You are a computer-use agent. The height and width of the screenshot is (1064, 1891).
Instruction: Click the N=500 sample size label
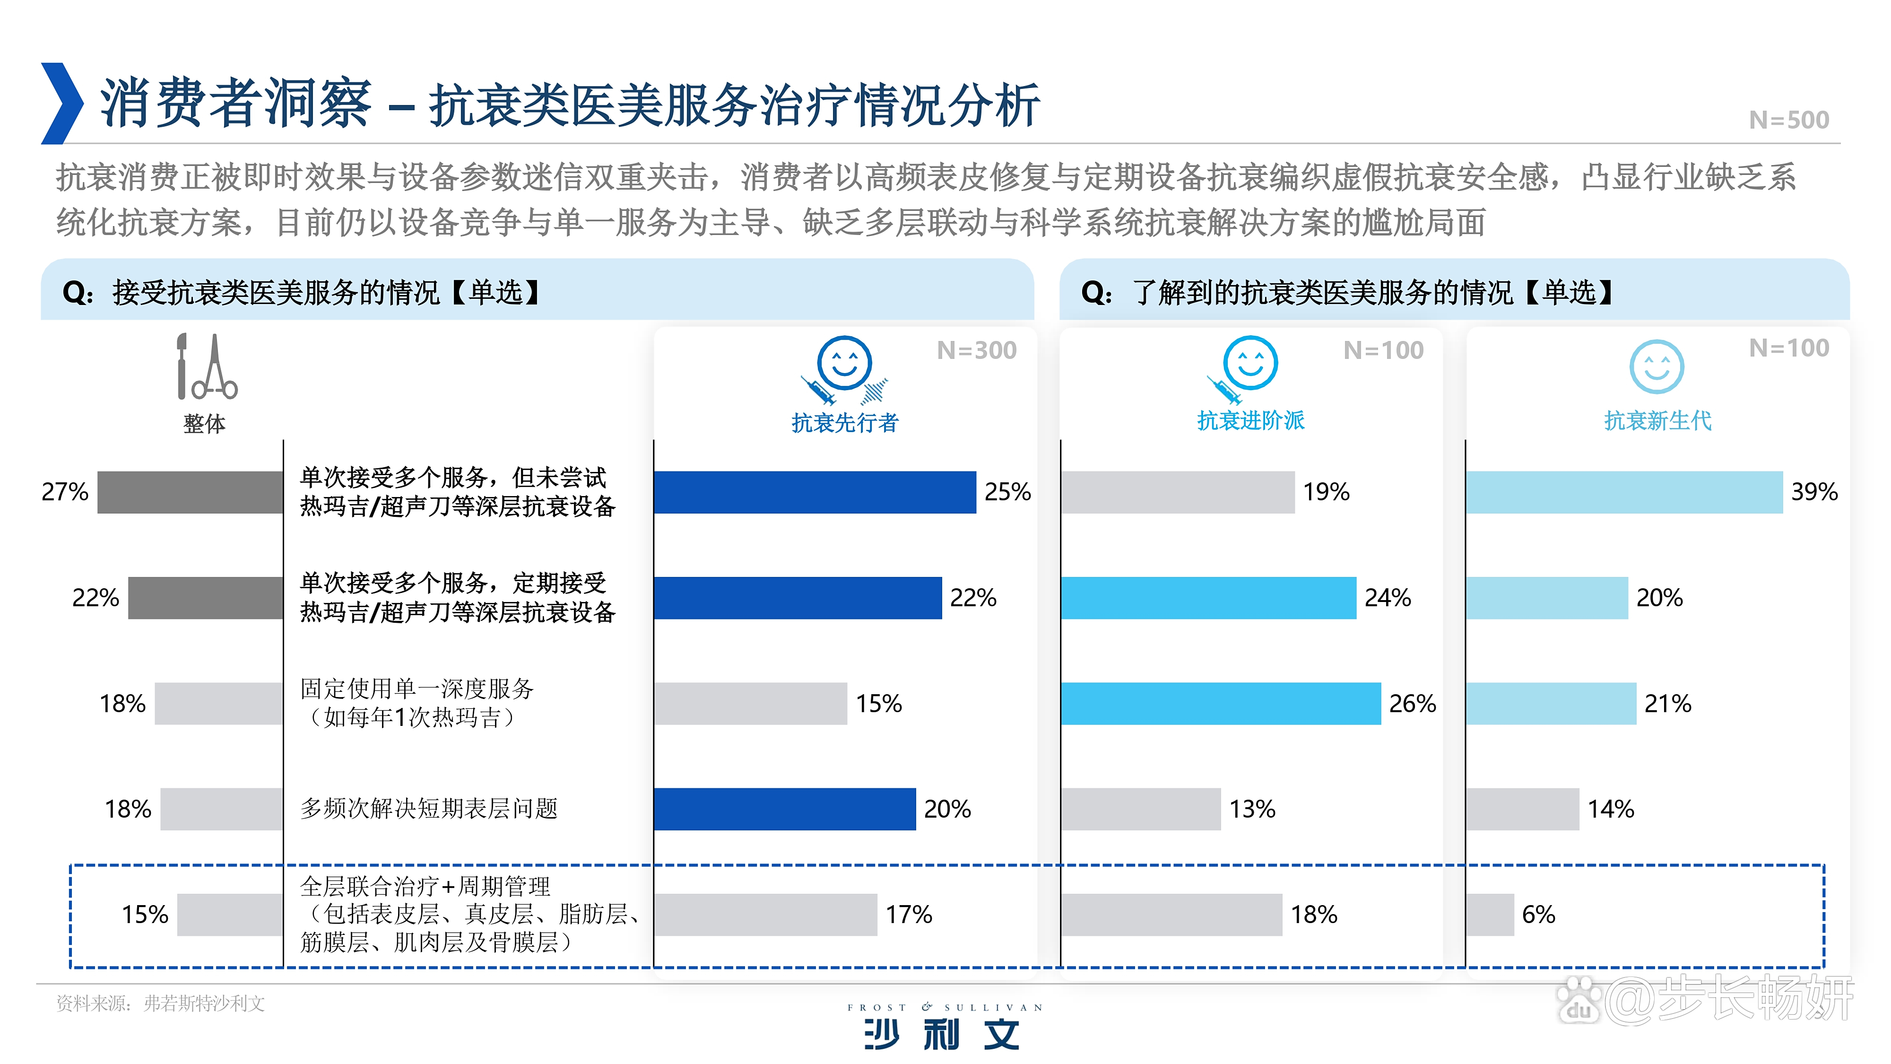tap(1788, 120)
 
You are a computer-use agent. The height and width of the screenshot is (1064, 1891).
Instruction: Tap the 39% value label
tap(1814, 492)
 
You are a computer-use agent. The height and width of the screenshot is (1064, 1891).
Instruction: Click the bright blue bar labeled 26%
tap(1220, 704)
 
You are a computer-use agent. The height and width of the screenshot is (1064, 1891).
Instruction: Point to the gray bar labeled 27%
tap(190, 492)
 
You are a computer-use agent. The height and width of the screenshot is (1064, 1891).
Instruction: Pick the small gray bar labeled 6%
tap(1490, 915)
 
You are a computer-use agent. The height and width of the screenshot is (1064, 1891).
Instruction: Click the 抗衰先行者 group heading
tap(844, 423)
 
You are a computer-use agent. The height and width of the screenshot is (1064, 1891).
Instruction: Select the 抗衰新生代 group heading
tap(1657, 421)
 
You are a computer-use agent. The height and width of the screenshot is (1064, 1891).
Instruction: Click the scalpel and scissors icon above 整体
tap(207, 366)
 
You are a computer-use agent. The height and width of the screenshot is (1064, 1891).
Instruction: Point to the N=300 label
tap(976, 350)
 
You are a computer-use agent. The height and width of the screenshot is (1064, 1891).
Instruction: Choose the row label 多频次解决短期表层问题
tap(429, 809)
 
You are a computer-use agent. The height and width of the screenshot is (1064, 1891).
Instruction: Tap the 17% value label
tap(908, 915)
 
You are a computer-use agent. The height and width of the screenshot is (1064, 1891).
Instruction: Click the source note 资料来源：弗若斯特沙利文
tap(160, 1004)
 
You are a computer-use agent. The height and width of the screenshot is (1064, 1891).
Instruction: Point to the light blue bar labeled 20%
tap(1547, 598)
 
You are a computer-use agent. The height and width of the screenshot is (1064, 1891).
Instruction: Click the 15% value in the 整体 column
tap(145, 915)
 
